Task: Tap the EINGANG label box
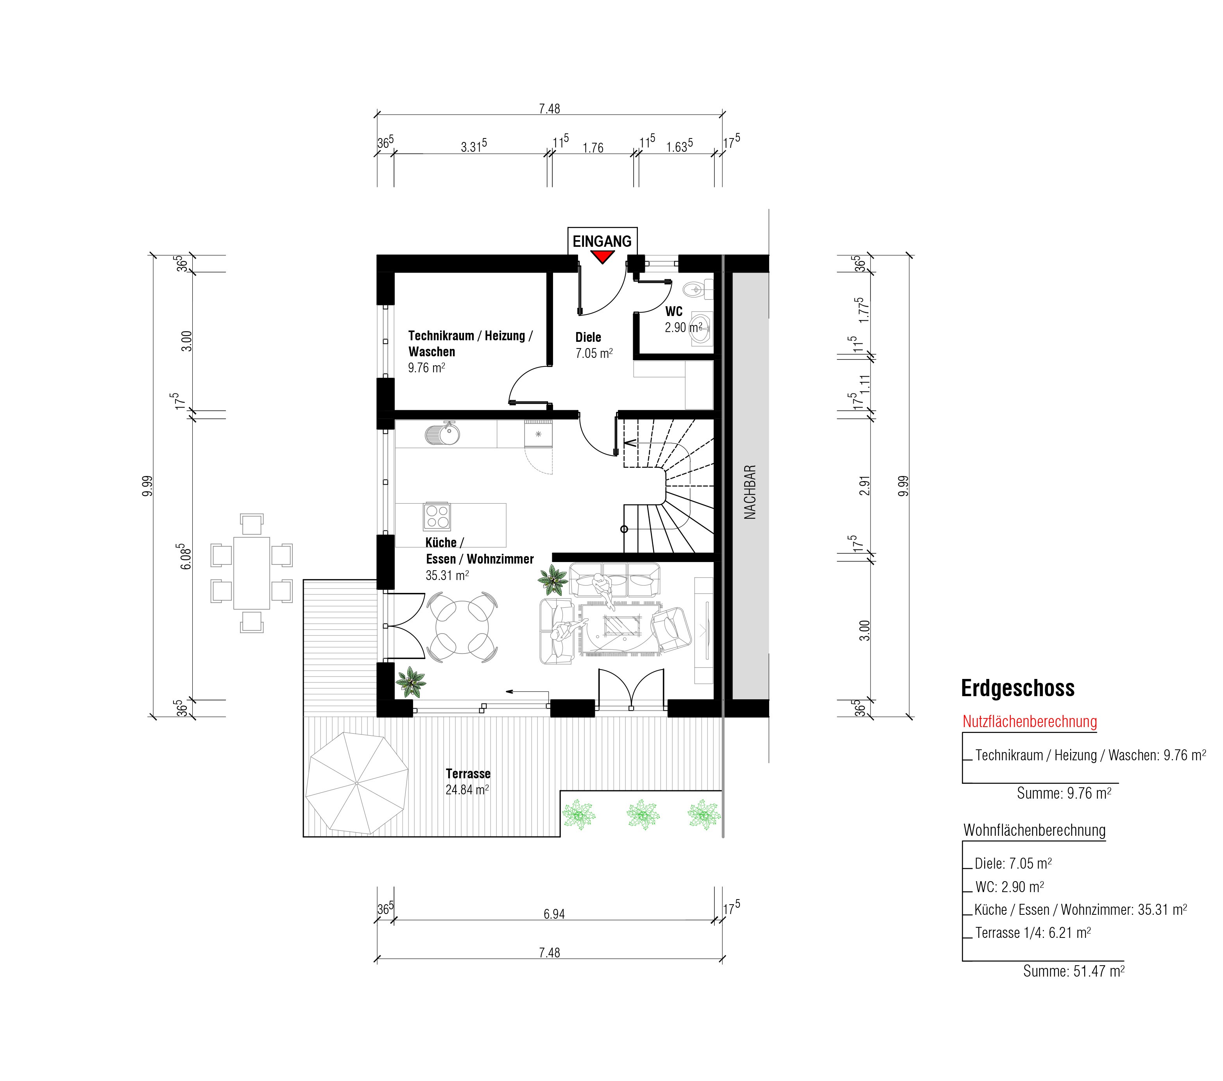pos(603,241)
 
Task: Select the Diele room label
pos(588,338)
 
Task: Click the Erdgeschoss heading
pos(1018,688)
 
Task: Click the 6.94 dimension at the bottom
pos(554,914)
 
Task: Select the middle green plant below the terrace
pos(643,815)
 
